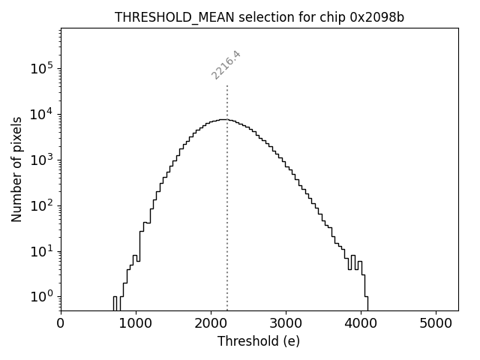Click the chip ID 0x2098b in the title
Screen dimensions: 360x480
click(376, 18)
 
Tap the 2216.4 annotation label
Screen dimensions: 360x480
click(226, 64)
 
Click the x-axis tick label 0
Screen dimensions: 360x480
click(61, 324)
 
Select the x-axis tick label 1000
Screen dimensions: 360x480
click(136, 324)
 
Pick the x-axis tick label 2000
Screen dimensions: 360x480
click(211, 324)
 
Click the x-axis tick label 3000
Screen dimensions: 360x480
click(286, 324)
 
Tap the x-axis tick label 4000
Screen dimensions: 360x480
click(361, 324)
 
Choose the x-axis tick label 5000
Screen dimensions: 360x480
click(436, 324)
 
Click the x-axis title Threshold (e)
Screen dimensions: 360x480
click(259, 341)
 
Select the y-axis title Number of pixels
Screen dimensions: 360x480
click(16, 169)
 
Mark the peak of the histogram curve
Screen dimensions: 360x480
click(223, 119)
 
